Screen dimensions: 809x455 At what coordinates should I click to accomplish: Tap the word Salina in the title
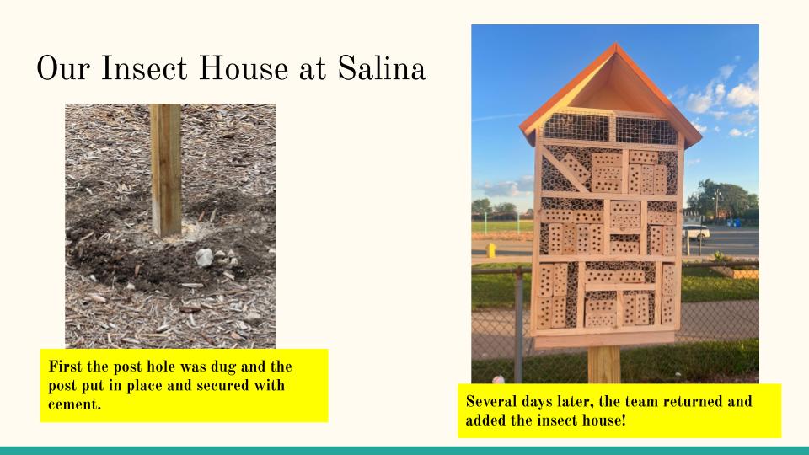click(x=382, y=68)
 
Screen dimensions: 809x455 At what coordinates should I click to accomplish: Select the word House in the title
click(x=244, y=68)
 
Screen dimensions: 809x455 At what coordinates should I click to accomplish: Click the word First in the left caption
click(x=66, y=367)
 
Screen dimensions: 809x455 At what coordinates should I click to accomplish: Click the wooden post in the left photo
click(x=166, y=169)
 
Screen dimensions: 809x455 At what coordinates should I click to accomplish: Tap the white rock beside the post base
click(x=204, y=257)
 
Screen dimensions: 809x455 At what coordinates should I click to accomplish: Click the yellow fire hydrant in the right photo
click(x=490, y=249)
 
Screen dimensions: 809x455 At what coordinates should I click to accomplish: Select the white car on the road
click(x=696, y=233)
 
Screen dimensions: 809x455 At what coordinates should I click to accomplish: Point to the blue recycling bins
click(x=733, y=222)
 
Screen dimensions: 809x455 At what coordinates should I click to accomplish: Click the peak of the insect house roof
click(x=615, y=45)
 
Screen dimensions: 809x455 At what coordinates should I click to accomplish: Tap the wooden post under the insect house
click(x=603, y=364)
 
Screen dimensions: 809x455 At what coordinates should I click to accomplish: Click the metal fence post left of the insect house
click(x=518, y=325)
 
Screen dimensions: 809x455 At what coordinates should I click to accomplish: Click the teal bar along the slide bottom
click(x=404, y=451)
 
